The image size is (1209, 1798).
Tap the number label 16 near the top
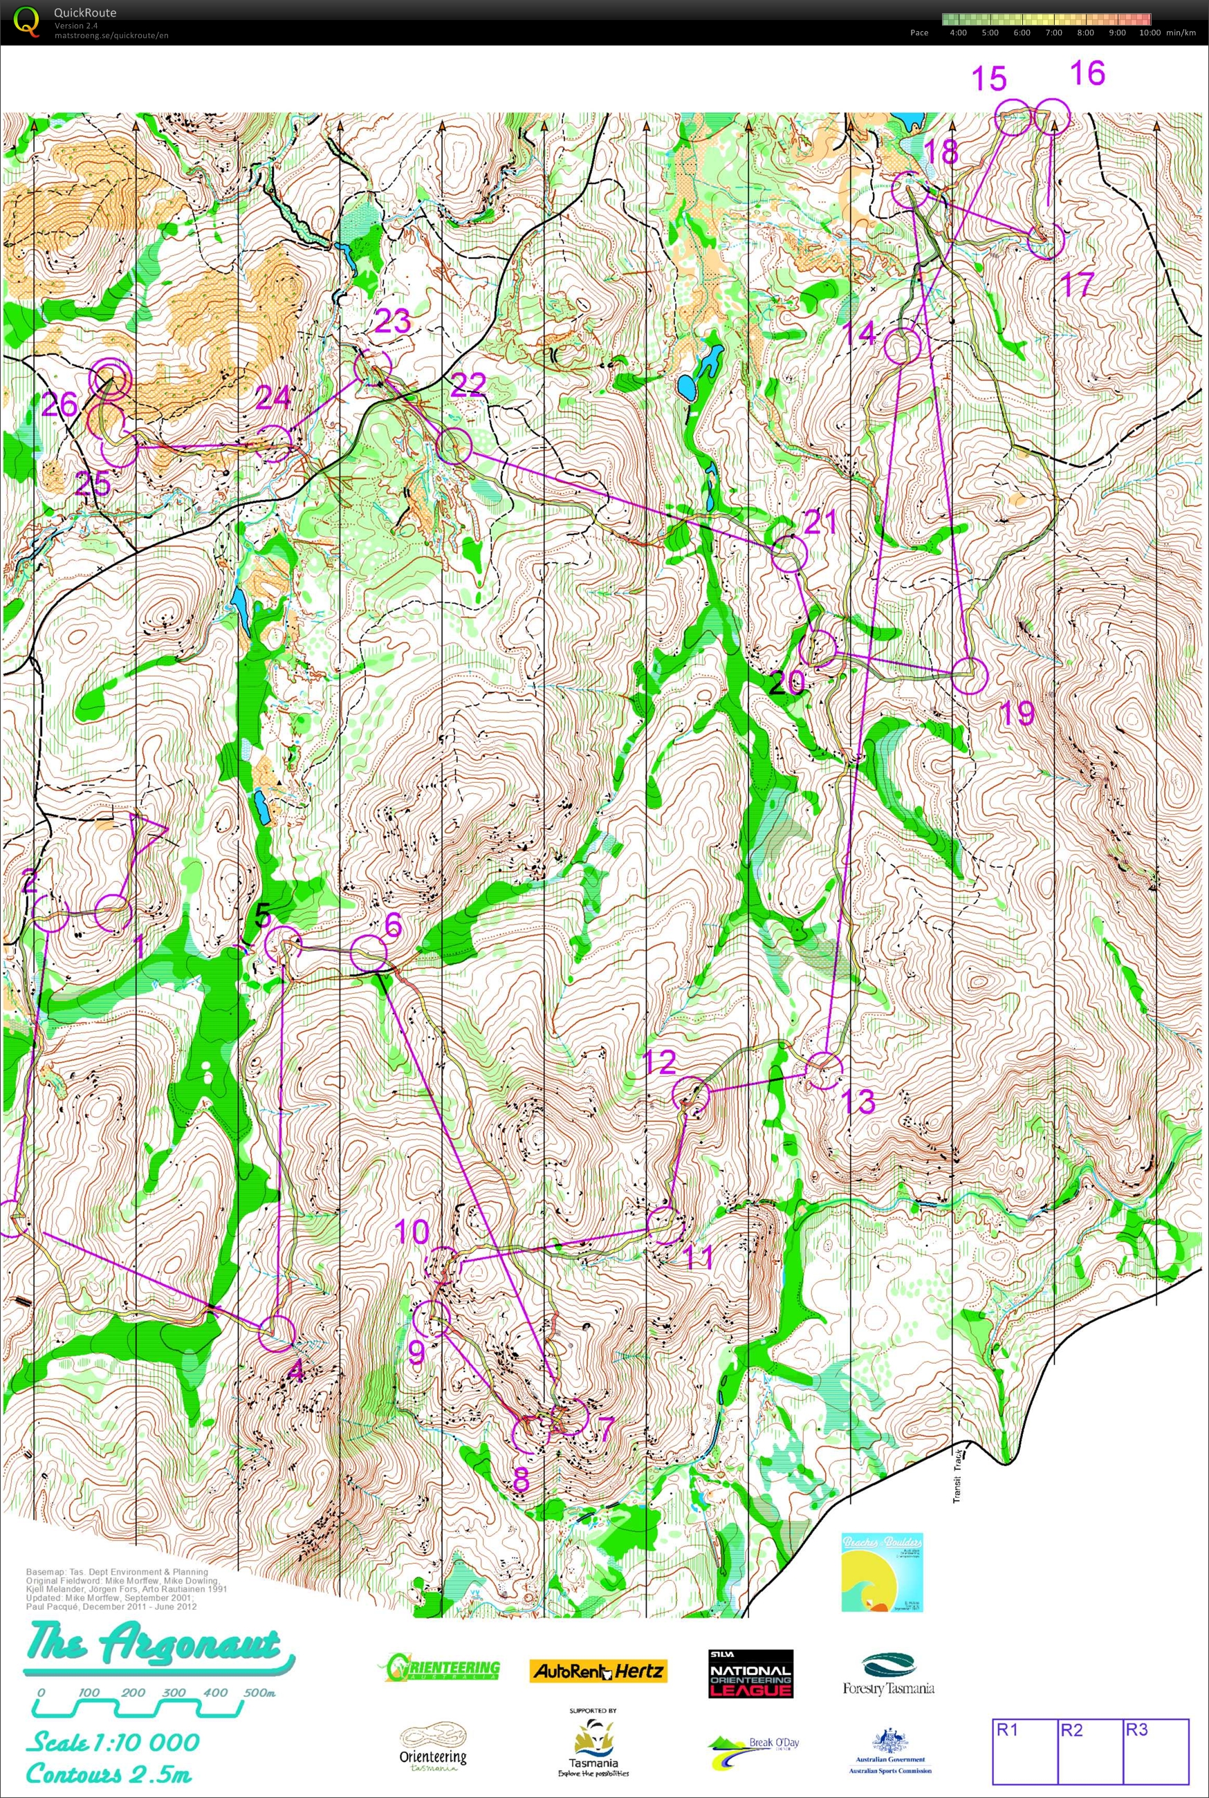(1087, 74)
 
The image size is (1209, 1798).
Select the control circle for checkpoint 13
(824, 1071)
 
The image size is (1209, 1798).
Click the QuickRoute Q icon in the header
(26, 21)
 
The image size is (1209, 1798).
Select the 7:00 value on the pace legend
(1053, 33)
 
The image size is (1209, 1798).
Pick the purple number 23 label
(392, 322)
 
